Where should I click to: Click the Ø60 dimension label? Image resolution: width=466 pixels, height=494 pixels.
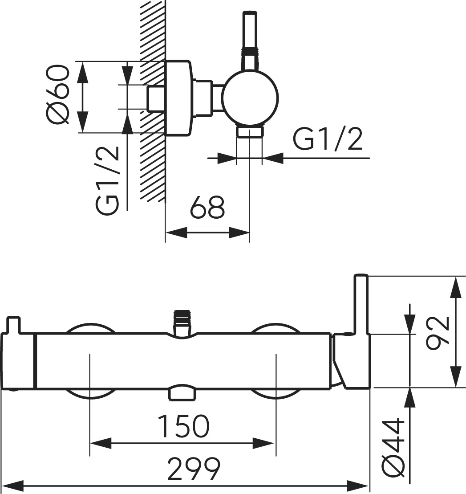click(58, 94)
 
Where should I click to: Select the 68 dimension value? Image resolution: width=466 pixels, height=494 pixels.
click(207, 207)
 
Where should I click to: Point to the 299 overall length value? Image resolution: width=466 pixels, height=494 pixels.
click(194, 468)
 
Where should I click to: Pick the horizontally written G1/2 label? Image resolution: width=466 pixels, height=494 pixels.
click(327, 139)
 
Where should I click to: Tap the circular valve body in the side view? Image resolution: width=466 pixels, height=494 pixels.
click(251, 98)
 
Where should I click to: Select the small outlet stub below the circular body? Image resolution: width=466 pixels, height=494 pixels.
click(250, 132)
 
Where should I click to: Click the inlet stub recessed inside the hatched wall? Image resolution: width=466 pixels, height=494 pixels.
click(155, 98)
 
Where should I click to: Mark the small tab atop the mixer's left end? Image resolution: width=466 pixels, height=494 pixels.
click(13, 324)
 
